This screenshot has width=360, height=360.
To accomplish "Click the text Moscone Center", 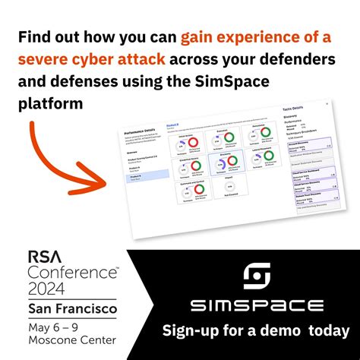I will (x=73, y=343).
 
